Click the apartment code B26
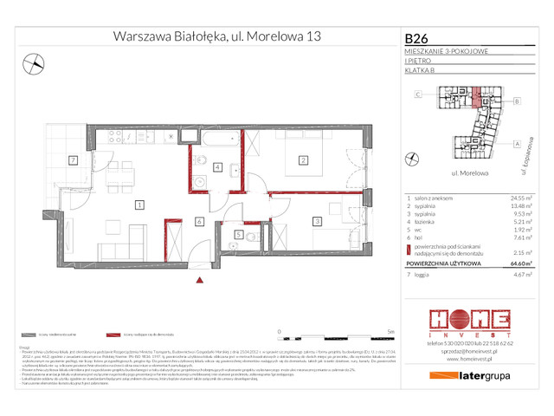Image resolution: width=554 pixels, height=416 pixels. (417, 38)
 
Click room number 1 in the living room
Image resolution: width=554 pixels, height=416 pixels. (138, 205)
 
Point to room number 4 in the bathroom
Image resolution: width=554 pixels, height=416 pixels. (218, 167)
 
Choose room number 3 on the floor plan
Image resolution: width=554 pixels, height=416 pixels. (318, 223)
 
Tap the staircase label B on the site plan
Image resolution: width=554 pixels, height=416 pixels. (517, 101)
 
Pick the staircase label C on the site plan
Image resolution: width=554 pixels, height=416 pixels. (418, 94)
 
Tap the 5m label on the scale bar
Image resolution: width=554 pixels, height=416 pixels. (391, 331)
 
